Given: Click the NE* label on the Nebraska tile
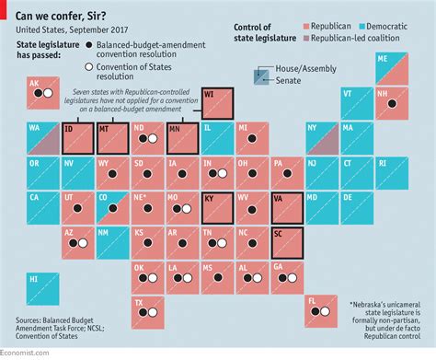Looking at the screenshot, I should (139, 196).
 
